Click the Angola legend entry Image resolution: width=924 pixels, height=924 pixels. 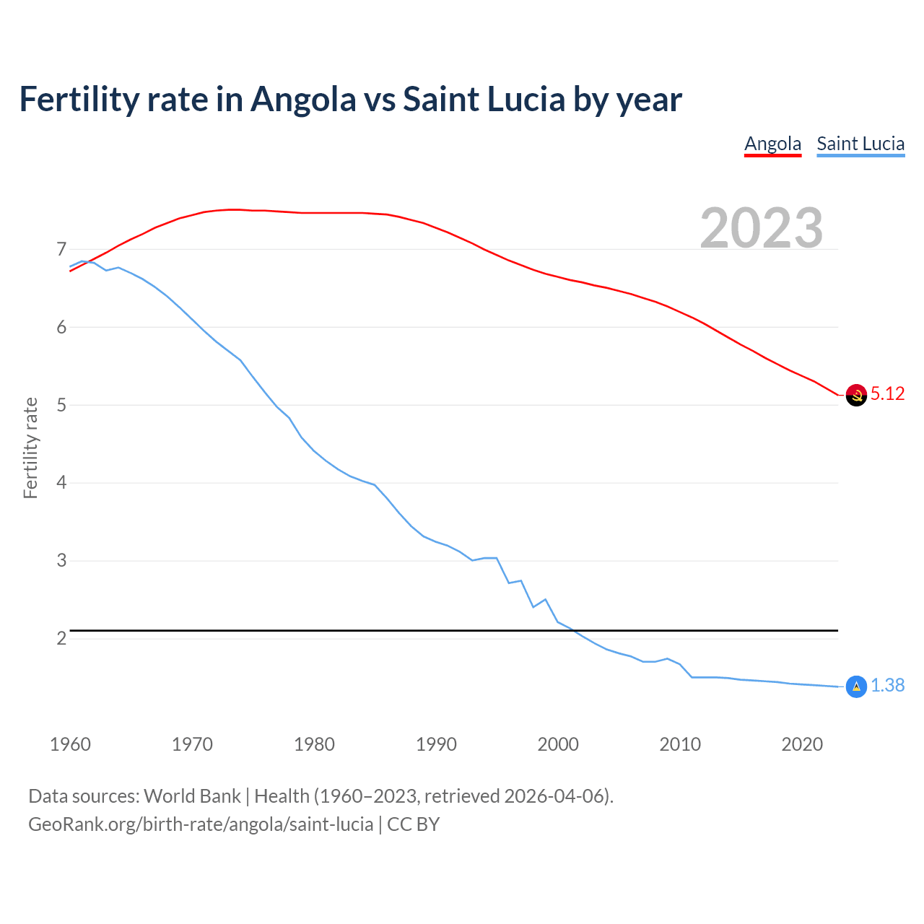[x=772, y=144]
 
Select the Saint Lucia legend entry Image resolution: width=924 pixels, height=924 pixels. [x=860, y=144]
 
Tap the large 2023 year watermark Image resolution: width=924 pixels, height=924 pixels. [x=761, y=228]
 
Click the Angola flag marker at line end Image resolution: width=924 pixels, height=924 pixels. [x=856, y=395]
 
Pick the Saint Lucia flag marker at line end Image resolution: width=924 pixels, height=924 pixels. [x=856, y=687]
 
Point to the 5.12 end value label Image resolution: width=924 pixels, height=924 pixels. [x=887, y=394]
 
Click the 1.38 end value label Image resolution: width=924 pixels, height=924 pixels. [x=887, y=686]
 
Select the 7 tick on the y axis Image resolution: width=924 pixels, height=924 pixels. [x=61, y=250]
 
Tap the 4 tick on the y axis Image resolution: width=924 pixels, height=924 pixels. [x=61, y=483]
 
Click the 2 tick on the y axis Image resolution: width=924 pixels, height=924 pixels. [x=61, y=639]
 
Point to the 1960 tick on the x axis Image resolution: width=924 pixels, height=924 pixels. [x=70, y=744]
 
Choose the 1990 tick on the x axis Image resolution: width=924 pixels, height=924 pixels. [x=436, y=744]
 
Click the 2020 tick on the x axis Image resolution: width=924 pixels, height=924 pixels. [x=802, y=744]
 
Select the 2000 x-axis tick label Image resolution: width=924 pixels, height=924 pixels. [x=558, y=744]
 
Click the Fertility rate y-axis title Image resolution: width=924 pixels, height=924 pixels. [x=30, y=448]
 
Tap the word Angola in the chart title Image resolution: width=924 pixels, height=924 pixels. [x=303, y=100]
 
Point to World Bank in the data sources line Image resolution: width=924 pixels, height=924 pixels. [x=192, y=796]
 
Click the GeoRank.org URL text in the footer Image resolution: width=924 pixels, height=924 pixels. [x=201, y=824]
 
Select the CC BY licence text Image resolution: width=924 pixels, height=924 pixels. [x=414, y=824]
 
